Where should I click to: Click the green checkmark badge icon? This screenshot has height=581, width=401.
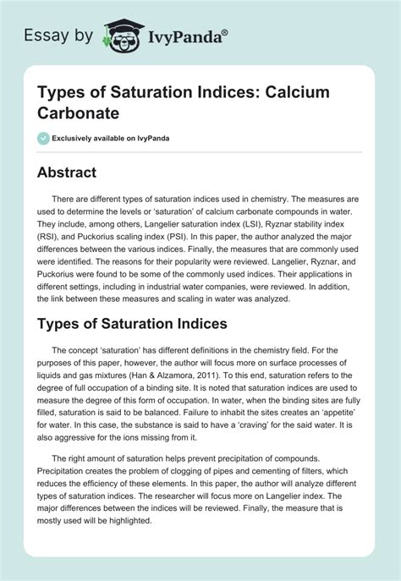pos(42,137)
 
